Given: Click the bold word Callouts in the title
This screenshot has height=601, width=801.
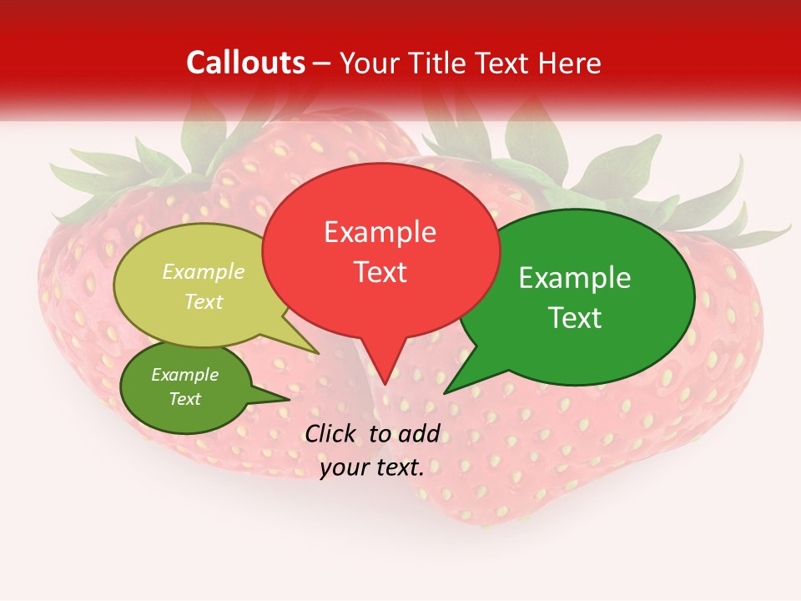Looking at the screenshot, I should coord(246,63).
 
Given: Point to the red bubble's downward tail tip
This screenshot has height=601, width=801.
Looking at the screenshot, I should coord(385,383).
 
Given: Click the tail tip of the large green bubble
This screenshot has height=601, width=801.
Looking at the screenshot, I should coord(446,392).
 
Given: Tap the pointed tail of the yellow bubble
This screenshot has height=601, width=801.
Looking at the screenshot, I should coord(318,353).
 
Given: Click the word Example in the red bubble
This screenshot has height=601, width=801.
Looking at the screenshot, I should coord(380,232).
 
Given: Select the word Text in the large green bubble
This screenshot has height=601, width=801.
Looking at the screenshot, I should coord(575,317).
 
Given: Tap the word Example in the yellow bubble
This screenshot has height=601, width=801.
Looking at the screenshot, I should coord(204,271).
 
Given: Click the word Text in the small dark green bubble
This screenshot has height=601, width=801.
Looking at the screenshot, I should coord(185,399).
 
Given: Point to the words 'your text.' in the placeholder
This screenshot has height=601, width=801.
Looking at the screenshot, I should coord(371,467).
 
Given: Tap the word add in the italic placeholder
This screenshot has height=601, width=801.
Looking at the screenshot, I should coord(418,433).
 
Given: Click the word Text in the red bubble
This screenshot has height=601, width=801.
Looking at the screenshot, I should coord(380,272).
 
